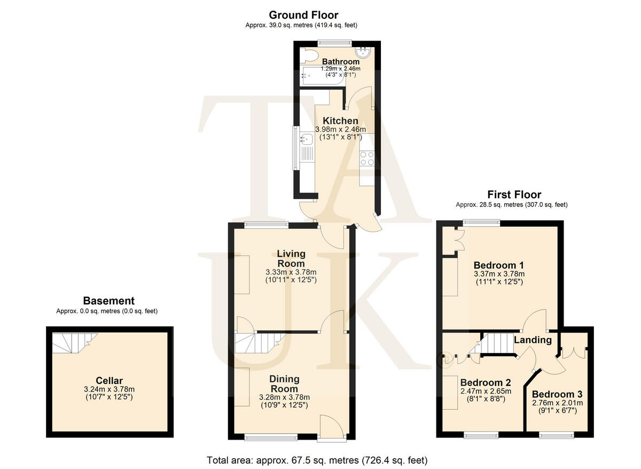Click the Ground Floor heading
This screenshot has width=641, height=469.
303,15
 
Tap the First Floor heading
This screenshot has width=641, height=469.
514,195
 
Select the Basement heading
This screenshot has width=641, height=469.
108,301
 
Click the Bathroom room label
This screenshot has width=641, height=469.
341,62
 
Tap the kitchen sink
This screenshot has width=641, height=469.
306,140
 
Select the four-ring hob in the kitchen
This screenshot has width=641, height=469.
367,158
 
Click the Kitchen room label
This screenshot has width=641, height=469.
340,121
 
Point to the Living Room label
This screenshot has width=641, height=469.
291,258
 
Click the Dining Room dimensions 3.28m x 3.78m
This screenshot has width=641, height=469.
284,397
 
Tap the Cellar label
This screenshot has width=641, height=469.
110,381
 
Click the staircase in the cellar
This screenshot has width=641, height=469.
74,343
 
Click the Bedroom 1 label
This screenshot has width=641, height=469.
499,265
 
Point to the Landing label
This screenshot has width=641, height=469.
533,340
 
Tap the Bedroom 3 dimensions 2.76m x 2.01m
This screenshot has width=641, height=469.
557,403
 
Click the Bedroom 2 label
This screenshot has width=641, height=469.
486,383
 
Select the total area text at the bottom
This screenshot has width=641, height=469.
317,460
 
